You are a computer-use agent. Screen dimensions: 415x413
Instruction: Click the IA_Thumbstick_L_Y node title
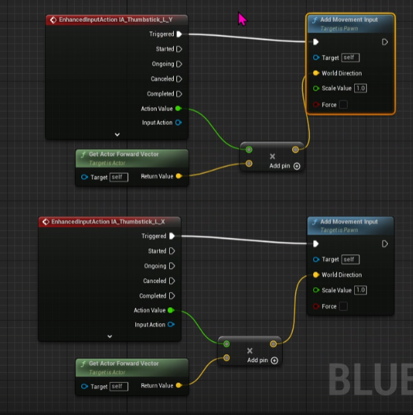pos(116,20)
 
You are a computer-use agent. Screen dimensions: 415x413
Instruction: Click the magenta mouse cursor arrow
pos(242,19)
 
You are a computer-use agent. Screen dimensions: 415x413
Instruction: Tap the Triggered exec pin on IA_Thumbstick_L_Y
pos(179,34)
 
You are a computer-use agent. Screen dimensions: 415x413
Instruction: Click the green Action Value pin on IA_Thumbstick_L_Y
pos(179,108)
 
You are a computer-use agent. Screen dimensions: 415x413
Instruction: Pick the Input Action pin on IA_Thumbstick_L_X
pos(171,324)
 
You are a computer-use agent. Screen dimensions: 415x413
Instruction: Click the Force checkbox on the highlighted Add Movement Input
pos(343,104)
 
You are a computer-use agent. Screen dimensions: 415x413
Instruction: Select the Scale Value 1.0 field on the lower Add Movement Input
pos(361,290)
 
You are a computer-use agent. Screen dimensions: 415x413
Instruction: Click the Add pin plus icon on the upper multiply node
pos(297,167)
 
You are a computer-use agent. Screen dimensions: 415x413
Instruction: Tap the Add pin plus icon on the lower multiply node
pos(274,360)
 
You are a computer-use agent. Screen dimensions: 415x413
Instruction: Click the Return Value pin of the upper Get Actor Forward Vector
pos(179,176)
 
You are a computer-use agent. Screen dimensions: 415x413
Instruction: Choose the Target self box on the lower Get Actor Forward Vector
pos(119,386)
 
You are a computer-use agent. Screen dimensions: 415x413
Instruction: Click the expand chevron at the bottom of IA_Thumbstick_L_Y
pos(118,134)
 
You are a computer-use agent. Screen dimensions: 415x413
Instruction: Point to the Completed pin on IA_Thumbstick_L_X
pos(172,296)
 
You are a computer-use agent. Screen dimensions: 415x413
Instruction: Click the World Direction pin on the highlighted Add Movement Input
pos(316,73)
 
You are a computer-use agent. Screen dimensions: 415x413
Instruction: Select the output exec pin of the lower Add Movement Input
pos(385,244)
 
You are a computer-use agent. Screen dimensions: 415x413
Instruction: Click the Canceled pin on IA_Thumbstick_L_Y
pos(179,79)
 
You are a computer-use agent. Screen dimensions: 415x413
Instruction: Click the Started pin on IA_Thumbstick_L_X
pos(172,251)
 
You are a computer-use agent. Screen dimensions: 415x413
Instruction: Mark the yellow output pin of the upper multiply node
pos(295,150)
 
